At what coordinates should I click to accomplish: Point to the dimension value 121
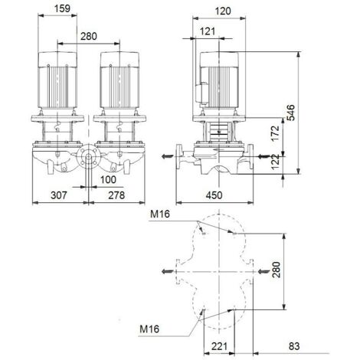pyautogui.click(x=207, y=31)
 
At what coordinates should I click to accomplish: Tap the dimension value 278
pyautogui.click(x=116, y=196)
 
